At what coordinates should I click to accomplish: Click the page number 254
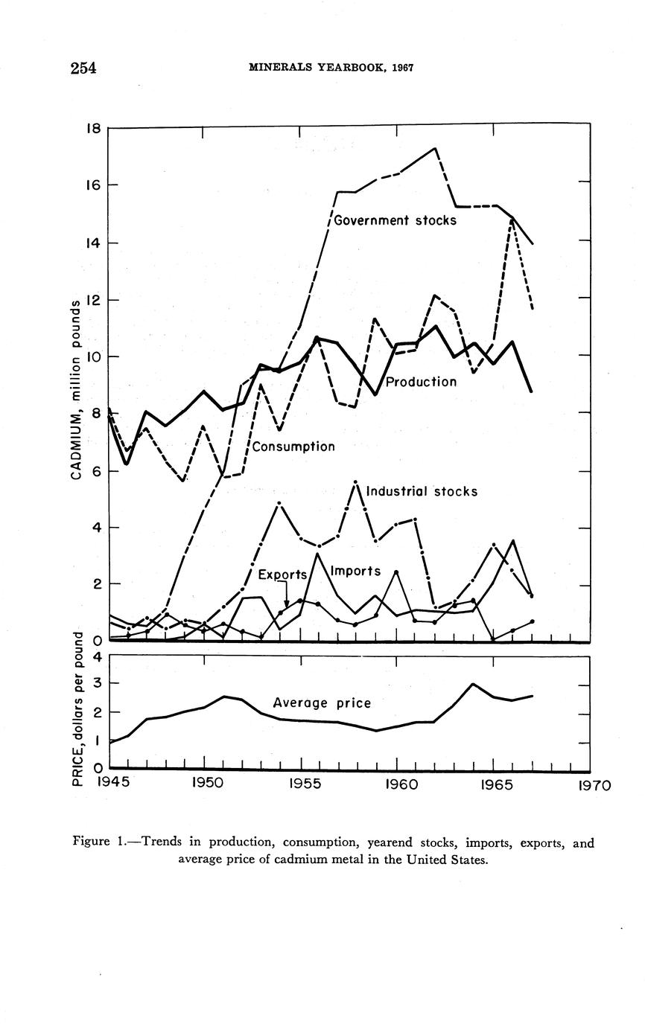click(x=83, y=68)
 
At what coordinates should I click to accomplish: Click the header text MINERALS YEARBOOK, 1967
click(x=331, y=68)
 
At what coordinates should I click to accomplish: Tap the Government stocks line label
click(x=395, y=220)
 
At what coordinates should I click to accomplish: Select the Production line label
click(x=421, y=382)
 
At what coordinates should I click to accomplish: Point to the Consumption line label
click(x=293, y=447)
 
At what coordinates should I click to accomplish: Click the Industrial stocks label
click(x=422, y=491)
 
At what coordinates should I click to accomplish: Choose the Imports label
click(x=355, y=571)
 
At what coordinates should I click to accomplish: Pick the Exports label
click(x=282, y=575)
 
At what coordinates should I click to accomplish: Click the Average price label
click(x=322, y=702)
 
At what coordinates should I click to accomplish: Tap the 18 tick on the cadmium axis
click(x=93, y=128)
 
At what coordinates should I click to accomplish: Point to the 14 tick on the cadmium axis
click(x=93, y=243)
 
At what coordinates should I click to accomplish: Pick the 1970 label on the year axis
click(x=594, y=784)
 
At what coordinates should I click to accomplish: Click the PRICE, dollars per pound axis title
click(x=76, y=708)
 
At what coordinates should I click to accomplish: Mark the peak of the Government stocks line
click(x=435, y=148)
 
